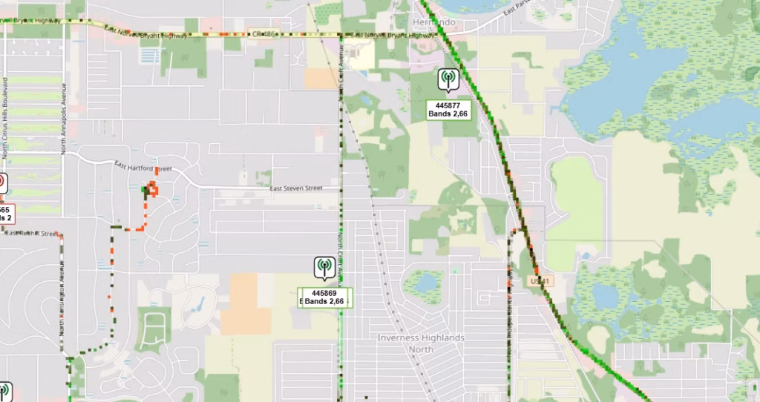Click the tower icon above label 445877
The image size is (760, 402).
point(448,78)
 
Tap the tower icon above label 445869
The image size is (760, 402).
point(324,266)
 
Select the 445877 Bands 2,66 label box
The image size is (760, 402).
point(448,110)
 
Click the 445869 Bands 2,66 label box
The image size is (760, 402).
point(324,297)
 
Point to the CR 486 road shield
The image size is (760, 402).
point(263,35)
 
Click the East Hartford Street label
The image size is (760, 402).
point(142,167)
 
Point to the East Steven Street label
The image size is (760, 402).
point(295,188)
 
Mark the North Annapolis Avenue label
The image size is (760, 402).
point(65,119)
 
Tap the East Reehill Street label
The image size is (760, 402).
point(31,233)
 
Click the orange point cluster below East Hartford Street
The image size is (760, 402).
point(152,189)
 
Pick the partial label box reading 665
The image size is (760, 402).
point(6,214)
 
